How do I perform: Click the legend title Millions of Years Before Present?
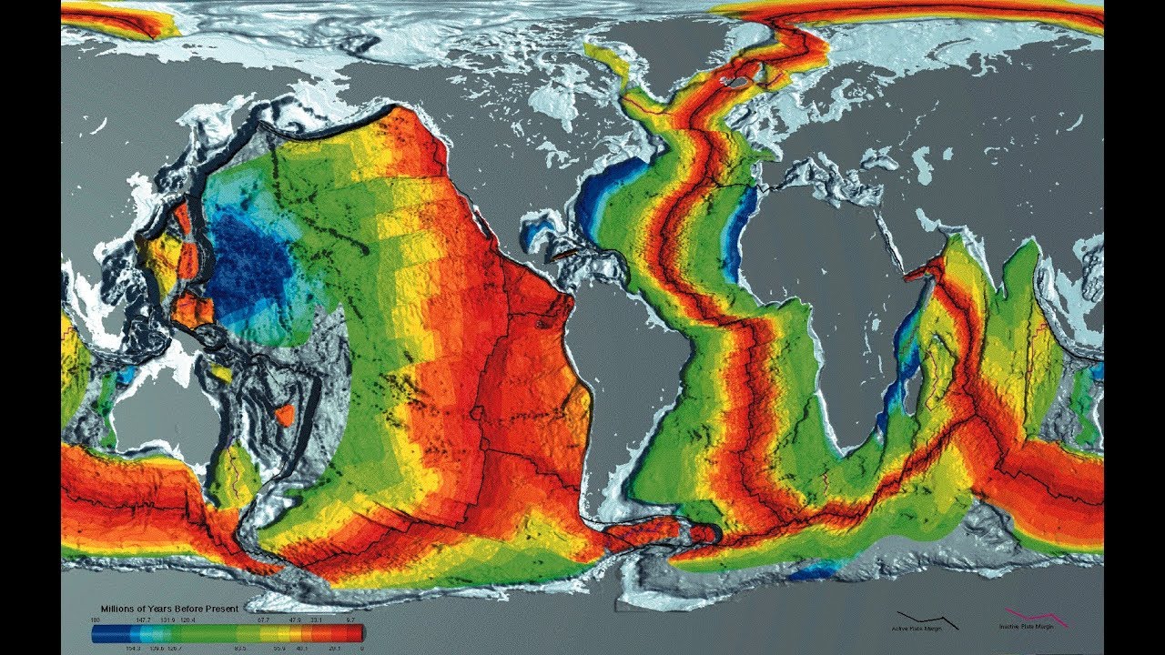click(170, 608)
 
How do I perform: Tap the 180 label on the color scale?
click(94, 619)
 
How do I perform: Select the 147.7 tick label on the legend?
click(143, 619)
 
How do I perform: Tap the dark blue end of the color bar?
click(100, 632)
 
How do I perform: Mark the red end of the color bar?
click(357, 632)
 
